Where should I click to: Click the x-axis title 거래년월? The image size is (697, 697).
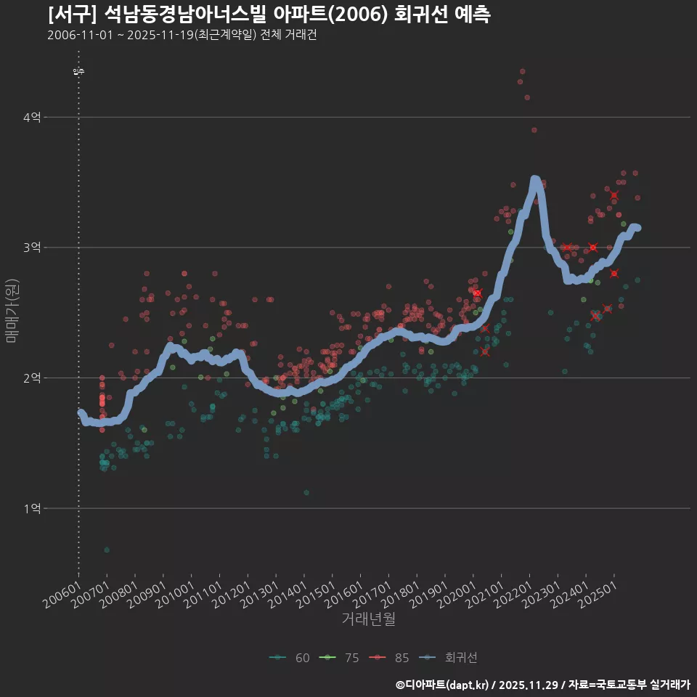(368, 619)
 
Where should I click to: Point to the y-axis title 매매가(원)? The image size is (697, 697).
(12, 309)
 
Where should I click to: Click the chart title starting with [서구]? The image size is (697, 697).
(269, 15)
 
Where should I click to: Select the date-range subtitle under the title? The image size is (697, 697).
(182, 35)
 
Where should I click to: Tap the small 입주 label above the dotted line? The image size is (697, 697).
(78, 71)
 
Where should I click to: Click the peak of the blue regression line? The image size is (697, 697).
(535, 179)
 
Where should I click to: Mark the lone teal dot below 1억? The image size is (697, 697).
(107, 550)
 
